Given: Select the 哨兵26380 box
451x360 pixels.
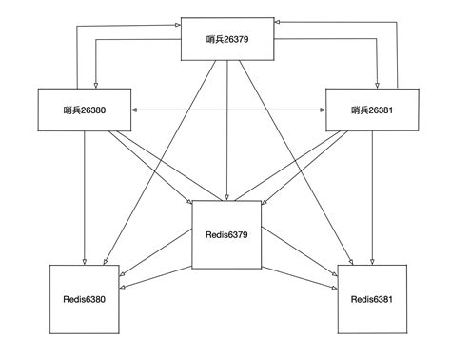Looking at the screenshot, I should (x=84, y=110).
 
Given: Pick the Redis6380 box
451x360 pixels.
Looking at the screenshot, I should (x=84, y=299).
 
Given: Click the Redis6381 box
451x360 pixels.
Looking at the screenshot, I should (x=372, y=299).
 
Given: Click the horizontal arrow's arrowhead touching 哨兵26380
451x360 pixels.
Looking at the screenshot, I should (x=135, y=110).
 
